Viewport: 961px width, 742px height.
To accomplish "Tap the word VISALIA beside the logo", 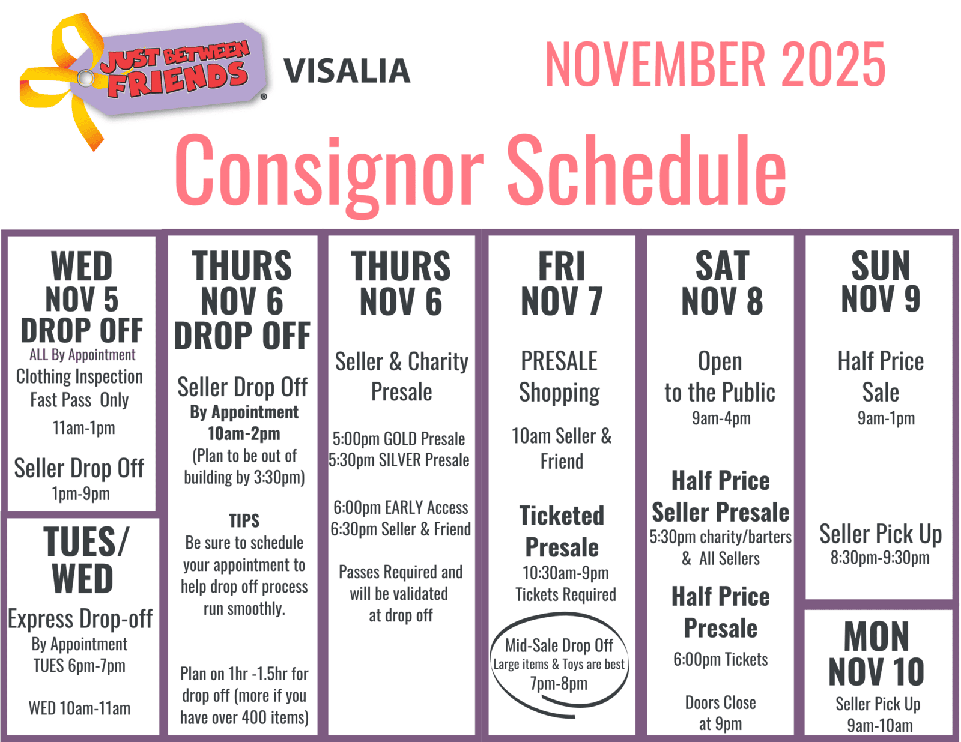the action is point(347,71).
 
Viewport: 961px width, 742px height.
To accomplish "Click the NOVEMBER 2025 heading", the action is point(715,64).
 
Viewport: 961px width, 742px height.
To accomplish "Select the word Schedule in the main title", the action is point(646,170).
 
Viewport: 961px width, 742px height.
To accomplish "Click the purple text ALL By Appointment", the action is point(82,354).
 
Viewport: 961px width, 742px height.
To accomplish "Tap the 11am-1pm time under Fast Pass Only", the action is point(83,428).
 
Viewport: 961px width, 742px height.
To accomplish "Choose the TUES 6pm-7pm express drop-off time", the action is point(80,666).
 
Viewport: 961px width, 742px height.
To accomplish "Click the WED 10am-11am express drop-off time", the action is point(80,708).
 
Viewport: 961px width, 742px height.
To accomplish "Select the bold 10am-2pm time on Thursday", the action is point(244,433).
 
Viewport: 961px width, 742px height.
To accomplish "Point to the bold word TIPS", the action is point(244,520).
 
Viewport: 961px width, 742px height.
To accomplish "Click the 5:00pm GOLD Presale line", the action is point(399,439).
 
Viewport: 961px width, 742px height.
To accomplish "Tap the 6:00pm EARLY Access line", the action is point(401,508).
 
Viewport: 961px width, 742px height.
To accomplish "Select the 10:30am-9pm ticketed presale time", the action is point(566,573).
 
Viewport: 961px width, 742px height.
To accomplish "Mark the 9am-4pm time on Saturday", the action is point(721,418).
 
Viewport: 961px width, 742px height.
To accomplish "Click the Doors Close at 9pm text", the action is point(720,713).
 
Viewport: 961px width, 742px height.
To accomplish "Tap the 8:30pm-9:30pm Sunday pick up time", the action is point(880,558).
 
